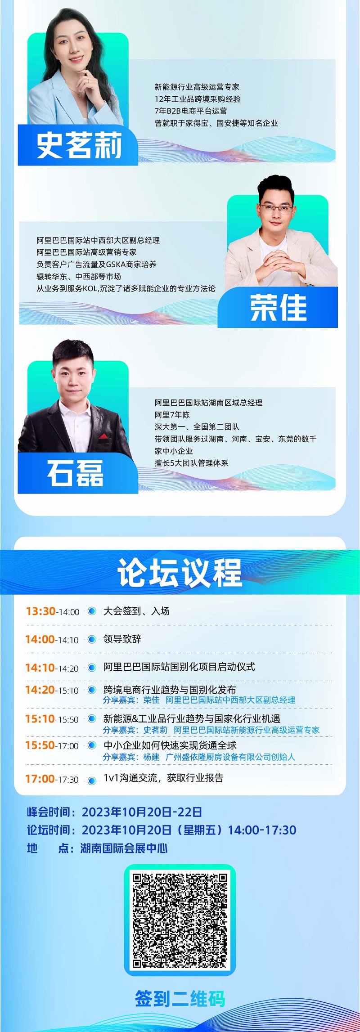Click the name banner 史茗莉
(78, 145)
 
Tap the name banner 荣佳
(278, 308)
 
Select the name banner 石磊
(78, 473)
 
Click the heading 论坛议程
(180, 572)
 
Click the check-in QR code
(180, 920)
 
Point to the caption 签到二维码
(180, 999)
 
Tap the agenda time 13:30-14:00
(53, 611)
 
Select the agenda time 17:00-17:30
(52, 779)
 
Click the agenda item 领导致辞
(122, 639)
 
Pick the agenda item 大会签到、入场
(136, 611)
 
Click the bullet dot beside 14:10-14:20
(92, 668)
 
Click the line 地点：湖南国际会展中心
(97, 848)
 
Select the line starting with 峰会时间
(114, 812)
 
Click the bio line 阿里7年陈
(172, 415)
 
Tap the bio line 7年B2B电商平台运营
(191, 111)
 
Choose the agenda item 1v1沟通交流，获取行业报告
(163, 778)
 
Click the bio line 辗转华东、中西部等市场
(79, 277)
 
